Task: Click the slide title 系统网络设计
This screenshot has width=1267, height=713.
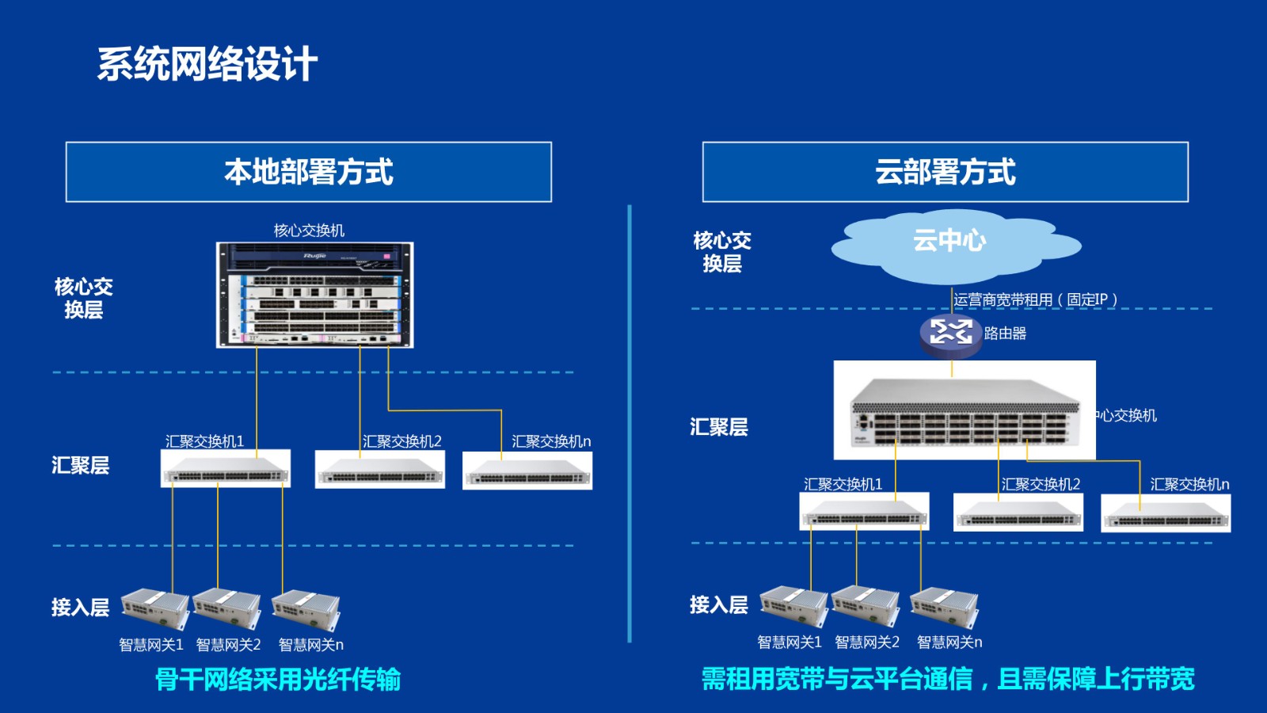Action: click(x=207, y=64)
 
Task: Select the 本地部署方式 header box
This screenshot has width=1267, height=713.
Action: click(x=309, y=172)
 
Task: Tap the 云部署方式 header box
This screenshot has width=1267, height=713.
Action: click(x=945, y=172)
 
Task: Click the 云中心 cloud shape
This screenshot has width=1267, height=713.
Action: click(x=950, y=242)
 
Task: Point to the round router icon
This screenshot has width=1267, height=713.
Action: click(x=950, y=333)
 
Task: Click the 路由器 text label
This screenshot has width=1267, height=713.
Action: click(x=1005, y=334)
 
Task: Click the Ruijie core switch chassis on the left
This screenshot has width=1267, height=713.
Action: click(x=315, y=295)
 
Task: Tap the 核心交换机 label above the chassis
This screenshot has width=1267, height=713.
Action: click(x=309, y=231)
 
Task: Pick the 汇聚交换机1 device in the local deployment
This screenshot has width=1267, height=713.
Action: click(x=226, y=469)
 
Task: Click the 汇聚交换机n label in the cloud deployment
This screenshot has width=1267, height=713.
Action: click(x=1189, y=484)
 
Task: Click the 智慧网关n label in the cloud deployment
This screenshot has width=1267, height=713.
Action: click(x=949, y=642)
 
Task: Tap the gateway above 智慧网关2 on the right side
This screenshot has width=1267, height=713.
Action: click(x=866, y=606)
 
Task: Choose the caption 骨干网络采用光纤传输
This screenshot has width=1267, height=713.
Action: click(x=278, y=679)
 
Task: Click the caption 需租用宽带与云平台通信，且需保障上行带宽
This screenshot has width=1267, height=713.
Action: click(x=948, y=679)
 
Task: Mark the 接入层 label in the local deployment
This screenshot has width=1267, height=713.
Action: click(x=80, y=608)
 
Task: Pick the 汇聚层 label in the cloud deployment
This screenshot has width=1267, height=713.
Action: click(x=718, y=427)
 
